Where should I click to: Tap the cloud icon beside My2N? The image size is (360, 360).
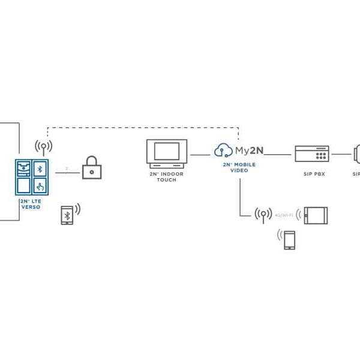click(x=223, y=150)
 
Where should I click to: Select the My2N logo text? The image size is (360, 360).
click(x=246, y=151)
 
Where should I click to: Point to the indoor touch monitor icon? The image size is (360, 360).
click(x=166, y=153)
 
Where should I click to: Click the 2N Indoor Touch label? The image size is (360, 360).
click(x=166, y=177)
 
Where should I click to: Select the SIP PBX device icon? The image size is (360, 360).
click(x=311, y=154)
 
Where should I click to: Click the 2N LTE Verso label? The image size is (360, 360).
click(x=31, y=204)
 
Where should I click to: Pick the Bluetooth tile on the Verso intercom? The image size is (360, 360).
click(x=40, y=167)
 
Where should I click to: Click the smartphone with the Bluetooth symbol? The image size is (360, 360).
click(x=67, y=215)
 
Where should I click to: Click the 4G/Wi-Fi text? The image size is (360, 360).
click(x=284, y=214)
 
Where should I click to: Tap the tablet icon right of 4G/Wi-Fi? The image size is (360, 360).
click(x=316, y=215)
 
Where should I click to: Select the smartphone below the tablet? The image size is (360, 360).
click(x=290, y=240)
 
